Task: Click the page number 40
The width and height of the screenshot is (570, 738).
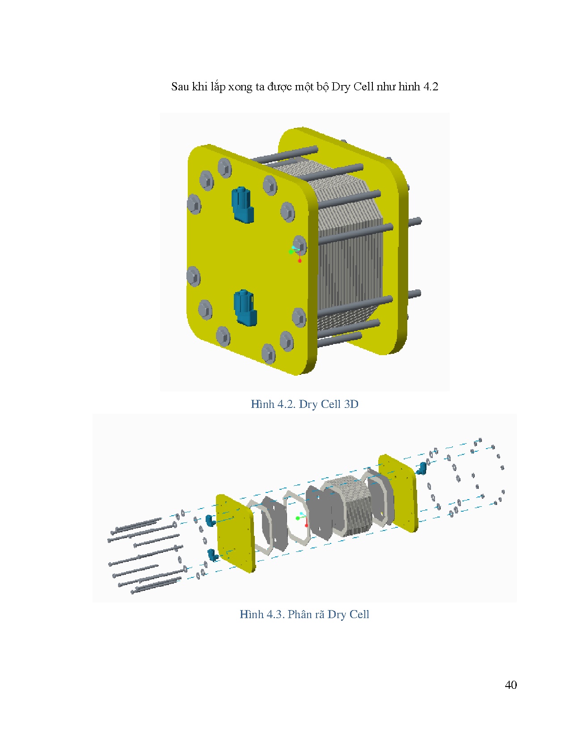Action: (x=511, y=685)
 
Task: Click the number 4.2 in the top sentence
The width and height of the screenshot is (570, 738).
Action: (x=431, y=87)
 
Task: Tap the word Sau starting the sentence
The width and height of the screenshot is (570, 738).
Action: (x=180, y=87)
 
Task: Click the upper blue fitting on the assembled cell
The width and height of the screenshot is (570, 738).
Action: (x=242, y=205)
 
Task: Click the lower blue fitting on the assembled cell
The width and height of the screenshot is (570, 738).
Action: (x=245, y=308)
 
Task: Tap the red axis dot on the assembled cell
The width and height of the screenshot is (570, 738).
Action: (x=300, y=260)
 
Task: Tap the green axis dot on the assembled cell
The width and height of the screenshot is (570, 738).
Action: (x=291, y=252)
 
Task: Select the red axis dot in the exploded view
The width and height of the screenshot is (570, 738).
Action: (x=306, y=526)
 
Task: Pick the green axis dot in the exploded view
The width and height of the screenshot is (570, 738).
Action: (x=298, y=518)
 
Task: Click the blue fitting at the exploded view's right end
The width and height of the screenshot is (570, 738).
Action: (x=422, y=468)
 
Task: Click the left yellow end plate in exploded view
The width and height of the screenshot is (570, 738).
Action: (x=236, y=533)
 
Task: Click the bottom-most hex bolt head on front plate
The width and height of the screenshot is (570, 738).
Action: (x=268, y=353)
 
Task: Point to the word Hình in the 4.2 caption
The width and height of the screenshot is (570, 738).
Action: (x=262, y=404)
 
